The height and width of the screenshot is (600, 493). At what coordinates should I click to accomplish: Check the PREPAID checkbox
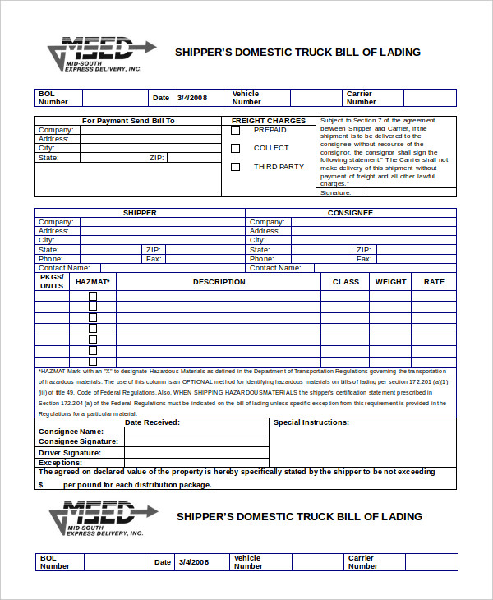click(x=236, y=130)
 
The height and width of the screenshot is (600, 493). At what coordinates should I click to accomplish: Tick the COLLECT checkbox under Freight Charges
click(x=236, y=149)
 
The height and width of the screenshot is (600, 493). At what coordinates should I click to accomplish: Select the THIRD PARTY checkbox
click(x=236, y=167)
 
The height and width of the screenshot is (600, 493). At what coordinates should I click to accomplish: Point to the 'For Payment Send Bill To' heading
click(x=128, y=121)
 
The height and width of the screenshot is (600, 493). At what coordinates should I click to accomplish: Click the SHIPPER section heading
click(x=140, y=213)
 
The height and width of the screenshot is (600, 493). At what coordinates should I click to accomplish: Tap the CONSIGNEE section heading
click(x=350, y=213)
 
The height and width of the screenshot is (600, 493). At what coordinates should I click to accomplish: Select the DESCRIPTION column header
click(x=219, y=282)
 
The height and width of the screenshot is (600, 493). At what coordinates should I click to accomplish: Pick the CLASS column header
click(x=346, y=282)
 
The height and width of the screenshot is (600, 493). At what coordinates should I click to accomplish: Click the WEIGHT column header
click(x=390, y=282)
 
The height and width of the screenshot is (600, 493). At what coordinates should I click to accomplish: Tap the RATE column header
click(x=434, y=282)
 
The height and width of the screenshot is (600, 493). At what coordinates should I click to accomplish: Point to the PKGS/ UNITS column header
click(x=52, y=282)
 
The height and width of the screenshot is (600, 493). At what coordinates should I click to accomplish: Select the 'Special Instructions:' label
click(x=311, y=422)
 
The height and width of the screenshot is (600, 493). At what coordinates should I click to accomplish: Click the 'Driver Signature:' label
click(x=70, y=453)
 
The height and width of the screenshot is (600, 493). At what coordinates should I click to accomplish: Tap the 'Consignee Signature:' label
click(x=78, y=442)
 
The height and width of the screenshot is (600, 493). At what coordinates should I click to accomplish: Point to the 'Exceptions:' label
click(x=60, y=463)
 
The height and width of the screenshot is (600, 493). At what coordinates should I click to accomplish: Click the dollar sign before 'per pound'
click(x=40, y=485)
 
